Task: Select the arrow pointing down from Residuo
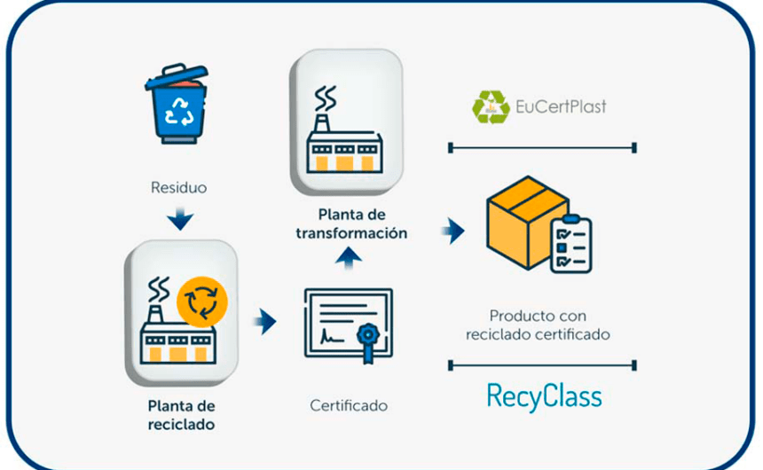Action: click(x=181, y=217)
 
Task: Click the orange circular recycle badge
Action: click(x=202, y=302)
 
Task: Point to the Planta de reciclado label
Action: click(x=181, y=414)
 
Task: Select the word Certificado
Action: click(x=349, y=405)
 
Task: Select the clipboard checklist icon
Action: click(x=570, y=245)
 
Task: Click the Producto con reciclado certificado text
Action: click(x=539, y=325)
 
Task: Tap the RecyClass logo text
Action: click(x=544, y=396)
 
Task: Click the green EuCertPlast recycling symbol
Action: click(x=491, y=106)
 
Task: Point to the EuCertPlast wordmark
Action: click(x=561, y=108)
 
